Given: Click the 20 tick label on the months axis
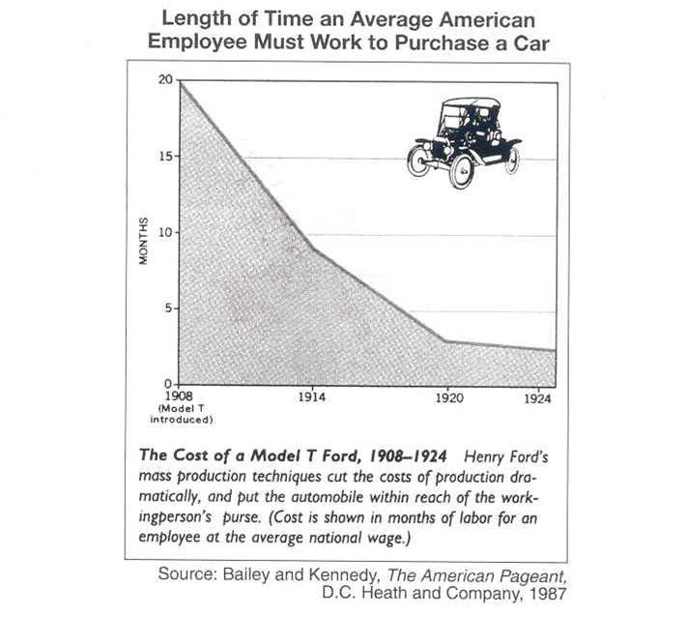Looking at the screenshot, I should [166, 80].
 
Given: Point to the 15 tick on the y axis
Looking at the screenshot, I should [166, 157].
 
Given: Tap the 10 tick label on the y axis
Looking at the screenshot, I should [166, 233].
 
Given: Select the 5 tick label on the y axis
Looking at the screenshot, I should [169, 308].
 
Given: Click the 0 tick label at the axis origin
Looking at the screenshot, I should [169, 384].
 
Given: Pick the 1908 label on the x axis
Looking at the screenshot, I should [180, 397].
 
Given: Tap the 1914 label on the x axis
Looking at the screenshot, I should [311, 397].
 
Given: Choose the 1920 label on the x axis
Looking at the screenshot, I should [444, 397].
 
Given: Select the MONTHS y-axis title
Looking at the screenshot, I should [142, 242].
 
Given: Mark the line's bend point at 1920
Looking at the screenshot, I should [444, 341].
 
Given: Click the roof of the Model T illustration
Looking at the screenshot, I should [471, 103].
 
